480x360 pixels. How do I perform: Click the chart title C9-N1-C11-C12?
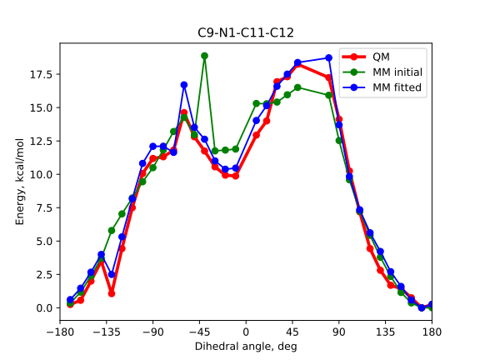click(246, 33)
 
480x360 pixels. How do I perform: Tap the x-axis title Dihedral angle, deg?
click(246, 346)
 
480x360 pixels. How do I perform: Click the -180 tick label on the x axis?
click(60, 331)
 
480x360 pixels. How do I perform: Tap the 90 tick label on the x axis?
click(339, 331)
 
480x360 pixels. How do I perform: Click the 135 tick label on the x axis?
click(385, 331)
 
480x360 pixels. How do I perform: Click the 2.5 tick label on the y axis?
click(40, 274)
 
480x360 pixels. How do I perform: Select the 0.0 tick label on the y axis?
click(40, 307)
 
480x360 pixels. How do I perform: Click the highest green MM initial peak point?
click(204, 56)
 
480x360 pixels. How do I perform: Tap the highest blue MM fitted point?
click(328, 57)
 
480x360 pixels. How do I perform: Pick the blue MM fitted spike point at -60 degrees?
click(184, 85)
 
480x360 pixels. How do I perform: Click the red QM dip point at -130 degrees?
click(111, 293)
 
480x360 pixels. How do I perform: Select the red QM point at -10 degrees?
click(236, 176)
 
